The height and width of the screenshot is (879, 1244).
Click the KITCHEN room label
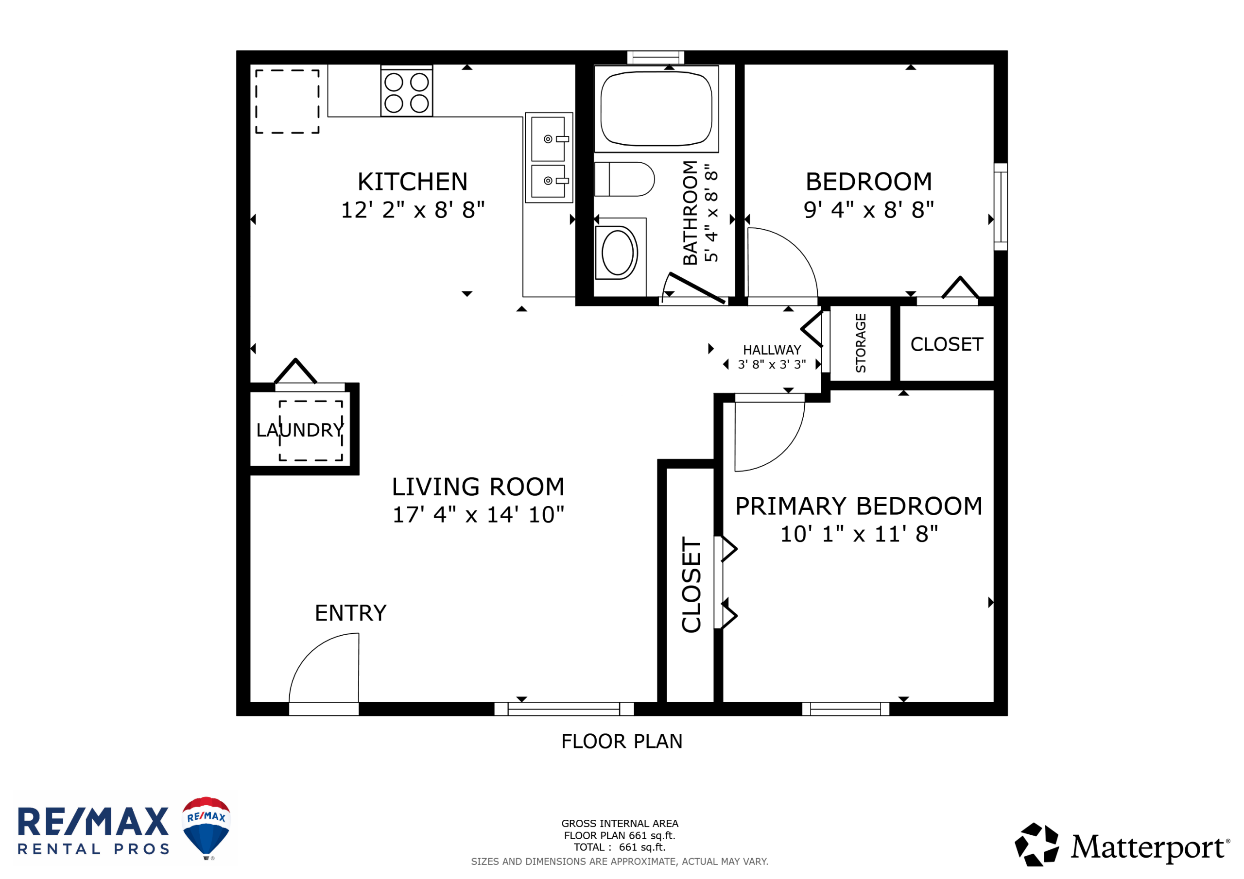tap(413, 182)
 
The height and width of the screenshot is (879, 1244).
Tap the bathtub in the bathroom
tap(656, 109)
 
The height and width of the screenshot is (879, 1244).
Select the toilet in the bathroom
tap(624, 179)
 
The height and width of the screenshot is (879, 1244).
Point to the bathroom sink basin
tap(617, 253)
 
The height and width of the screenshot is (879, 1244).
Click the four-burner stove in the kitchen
tap(406, 92)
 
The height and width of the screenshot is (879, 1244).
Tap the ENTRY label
tap(350, 613)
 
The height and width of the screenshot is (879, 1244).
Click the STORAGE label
tap(861, 343)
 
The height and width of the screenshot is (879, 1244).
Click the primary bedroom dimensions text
tap(859, 534)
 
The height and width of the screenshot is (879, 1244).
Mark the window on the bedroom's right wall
tap(1001, 207)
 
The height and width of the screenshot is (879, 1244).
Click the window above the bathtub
tap(656, 57)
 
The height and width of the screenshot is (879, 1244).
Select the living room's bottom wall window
tap(564, 709)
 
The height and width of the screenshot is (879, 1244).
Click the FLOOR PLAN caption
tap(622, 741)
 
